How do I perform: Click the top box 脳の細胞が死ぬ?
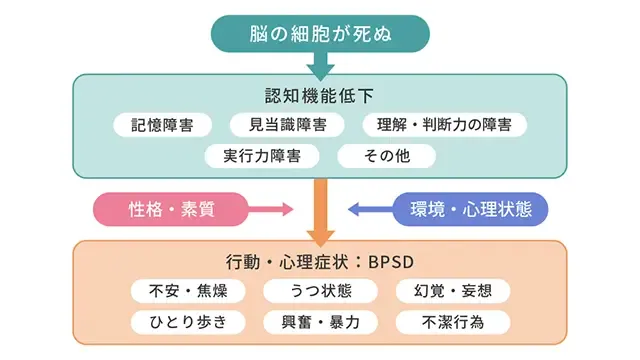(x=320, y=33)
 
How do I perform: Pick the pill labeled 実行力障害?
(x=262, y=156)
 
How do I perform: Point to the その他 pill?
(x=386, y=156)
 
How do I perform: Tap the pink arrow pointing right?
(x=268, y=209)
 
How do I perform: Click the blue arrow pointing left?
(x=370, y=209)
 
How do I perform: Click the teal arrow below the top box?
(x=320, y=65)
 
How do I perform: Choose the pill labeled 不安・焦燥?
(x=188, y=291)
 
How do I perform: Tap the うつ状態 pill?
(x=320, y=291)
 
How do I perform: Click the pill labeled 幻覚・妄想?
(x=453, y=291)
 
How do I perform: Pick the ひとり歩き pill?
(x=188, y=322)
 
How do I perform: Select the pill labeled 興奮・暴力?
(x=320, y=322)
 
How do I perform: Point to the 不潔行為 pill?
(x=453, y=322)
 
